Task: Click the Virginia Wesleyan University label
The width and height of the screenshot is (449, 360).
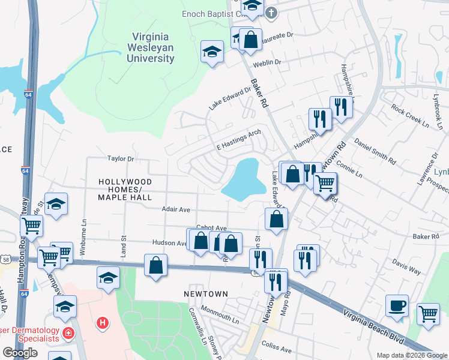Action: click(150, 48)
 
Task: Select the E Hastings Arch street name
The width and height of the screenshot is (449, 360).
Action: click(238, 142)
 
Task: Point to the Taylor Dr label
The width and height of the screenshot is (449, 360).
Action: click(120, 159)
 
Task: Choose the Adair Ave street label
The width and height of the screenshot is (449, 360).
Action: click(175, 209)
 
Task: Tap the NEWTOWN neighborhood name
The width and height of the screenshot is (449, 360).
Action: click(206, 293)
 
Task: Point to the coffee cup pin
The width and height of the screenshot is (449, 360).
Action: click(397, 305)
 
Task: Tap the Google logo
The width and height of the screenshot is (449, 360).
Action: click(20, 353)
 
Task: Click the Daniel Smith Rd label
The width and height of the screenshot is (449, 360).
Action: click(375, 152)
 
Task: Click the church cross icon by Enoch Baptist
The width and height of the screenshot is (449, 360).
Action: click(271, 11)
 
